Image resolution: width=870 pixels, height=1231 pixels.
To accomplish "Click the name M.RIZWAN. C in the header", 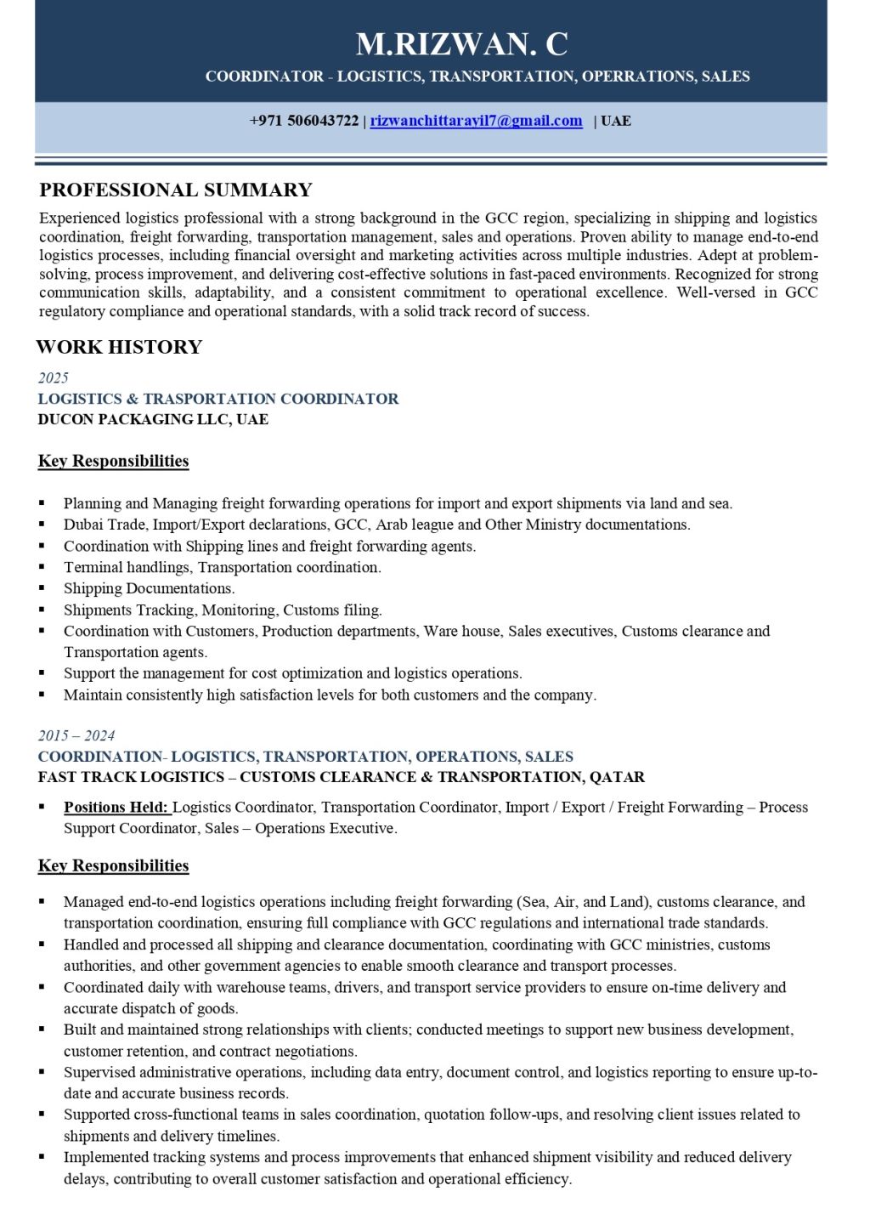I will click(461, 43).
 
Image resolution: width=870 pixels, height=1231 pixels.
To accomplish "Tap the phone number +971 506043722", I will click(303, 121).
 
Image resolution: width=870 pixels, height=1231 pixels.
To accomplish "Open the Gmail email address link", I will click(476, 121).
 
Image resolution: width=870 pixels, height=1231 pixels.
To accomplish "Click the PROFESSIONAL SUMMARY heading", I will click(176, 190).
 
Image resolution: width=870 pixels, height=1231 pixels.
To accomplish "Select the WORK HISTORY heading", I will click(119, 347).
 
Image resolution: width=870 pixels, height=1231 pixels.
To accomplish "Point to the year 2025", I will click(54, 377).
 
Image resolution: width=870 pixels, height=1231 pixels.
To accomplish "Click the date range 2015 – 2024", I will click(76, 735).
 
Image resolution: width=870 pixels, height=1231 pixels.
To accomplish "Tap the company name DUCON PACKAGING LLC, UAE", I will click(153, 419).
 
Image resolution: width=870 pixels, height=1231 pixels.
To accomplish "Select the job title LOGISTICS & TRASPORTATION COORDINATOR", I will click(218, 399).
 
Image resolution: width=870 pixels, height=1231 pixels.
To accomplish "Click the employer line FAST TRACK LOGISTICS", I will click(341, 777).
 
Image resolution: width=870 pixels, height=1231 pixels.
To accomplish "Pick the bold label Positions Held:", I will click(116, 807).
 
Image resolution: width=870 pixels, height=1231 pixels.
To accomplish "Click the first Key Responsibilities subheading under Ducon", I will click(113, 461).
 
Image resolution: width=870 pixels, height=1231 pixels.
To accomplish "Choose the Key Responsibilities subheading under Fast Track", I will click(113, 865).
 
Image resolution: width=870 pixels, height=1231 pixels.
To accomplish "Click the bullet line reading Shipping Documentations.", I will click(149, 588).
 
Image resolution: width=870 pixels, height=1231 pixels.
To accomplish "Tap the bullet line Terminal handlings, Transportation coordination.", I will click(222, 567).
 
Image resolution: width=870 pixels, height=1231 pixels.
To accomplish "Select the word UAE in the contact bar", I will click(616, 121).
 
